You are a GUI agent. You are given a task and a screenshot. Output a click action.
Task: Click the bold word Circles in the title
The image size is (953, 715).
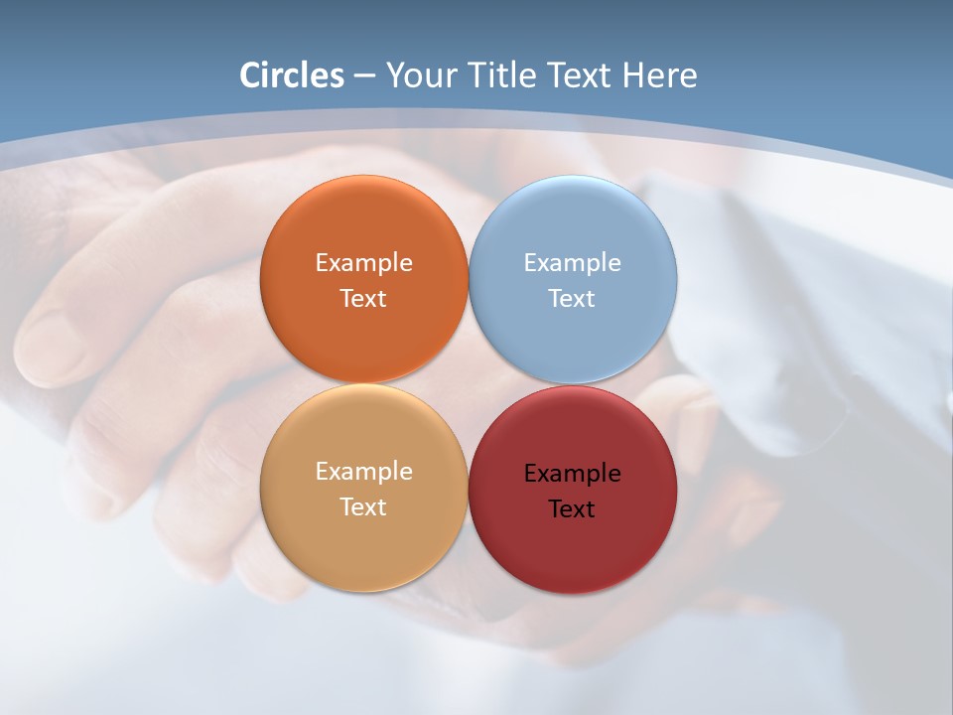point(292,74)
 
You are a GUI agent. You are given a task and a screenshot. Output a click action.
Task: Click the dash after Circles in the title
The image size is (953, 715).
point(363,75)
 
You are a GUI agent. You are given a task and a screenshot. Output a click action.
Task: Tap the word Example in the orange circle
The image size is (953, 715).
point(363,262)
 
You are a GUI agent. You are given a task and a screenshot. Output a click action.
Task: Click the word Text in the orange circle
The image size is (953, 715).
point(363,298)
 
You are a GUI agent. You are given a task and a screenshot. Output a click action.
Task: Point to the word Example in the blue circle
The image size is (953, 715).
point(572,262)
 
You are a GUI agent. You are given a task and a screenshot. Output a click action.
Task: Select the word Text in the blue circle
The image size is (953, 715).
point(572,298)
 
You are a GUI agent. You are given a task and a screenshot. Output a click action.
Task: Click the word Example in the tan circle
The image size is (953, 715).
point(363,471)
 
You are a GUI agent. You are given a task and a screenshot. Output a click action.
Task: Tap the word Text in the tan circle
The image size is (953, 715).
point(363,506)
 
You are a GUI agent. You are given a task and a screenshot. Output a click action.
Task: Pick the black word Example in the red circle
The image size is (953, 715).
point(572,473)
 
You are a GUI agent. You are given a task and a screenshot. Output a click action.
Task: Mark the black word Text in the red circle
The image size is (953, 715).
point(572,508)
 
